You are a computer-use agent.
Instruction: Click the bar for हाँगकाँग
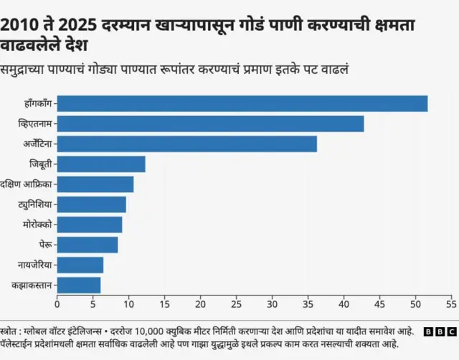[242, 104]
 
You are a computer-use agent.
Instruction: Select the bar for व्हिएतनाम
[210, 124]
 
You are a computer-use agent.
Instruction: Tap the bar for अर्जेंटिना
[186, 144]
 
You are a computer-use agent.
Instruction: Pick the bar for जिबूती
[101, 164]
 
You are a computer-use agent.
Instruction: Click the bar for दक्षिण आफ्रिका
[95, 184]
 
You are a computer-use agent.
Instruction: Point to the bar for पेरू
[87, 245]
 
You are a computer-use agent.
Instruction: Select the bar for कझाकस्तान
[78, 285]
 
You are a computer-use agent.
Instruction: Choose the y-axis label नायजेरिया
[34, 265]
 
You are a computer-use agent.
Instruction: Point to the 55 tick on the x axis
[451, 303]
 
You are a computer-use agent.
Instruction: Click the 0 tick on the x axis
[57, 303]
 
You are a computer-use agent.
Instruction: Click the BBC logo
[438, 332]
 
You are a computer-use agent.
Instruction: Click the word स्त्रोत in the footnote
[13, 331]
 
